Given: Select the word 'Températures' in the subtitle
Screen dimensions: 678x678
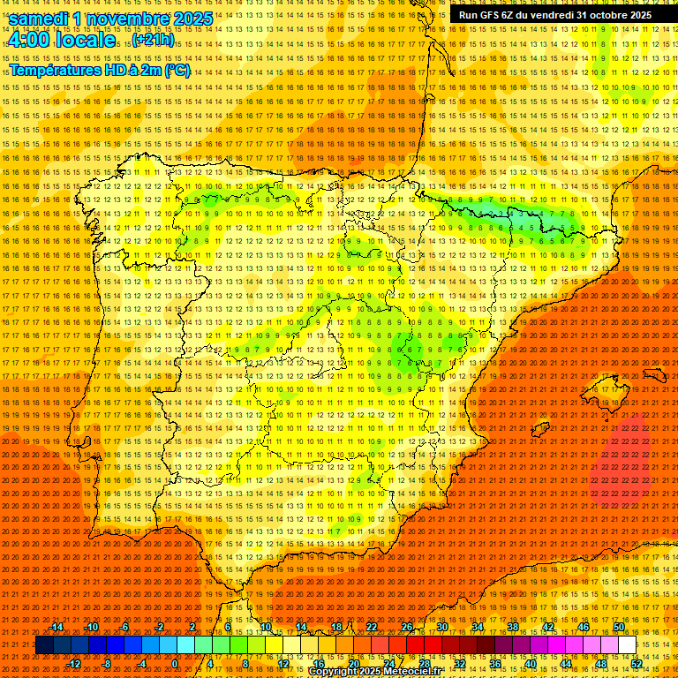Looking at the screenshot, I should pyautogui.click(x=56, y=71).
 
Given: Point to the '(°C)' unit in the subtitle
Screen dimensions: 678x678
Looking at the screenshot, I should pyautogui.click(x=177, y=71).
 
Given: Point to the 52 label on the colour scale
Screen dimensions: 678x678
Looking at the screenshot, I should pyautogui.click(x=637, y=663).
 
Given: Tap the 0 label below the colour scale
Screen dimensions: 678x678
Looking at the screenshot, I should pyautogui.click(x=175, y=663).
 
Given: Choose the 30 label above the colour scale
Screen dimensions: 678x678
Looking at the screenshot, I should pyautogui.click(x=442, y=627).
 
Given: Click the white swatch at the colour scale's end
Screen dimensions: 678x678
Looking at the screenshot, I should pyautogui.click(x=627, y=645).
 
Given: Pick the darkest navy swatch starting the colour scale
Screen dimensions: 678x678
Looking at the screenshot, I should pyautogui.click(x=44, y=645).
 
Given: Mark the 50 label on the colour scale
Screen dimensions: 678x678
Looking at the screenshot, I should pyautogui.click(x=619, y=627).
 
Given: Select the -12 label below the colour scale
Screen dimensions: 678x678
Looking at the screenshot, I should pyautogui.click(x=74, y=663).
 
